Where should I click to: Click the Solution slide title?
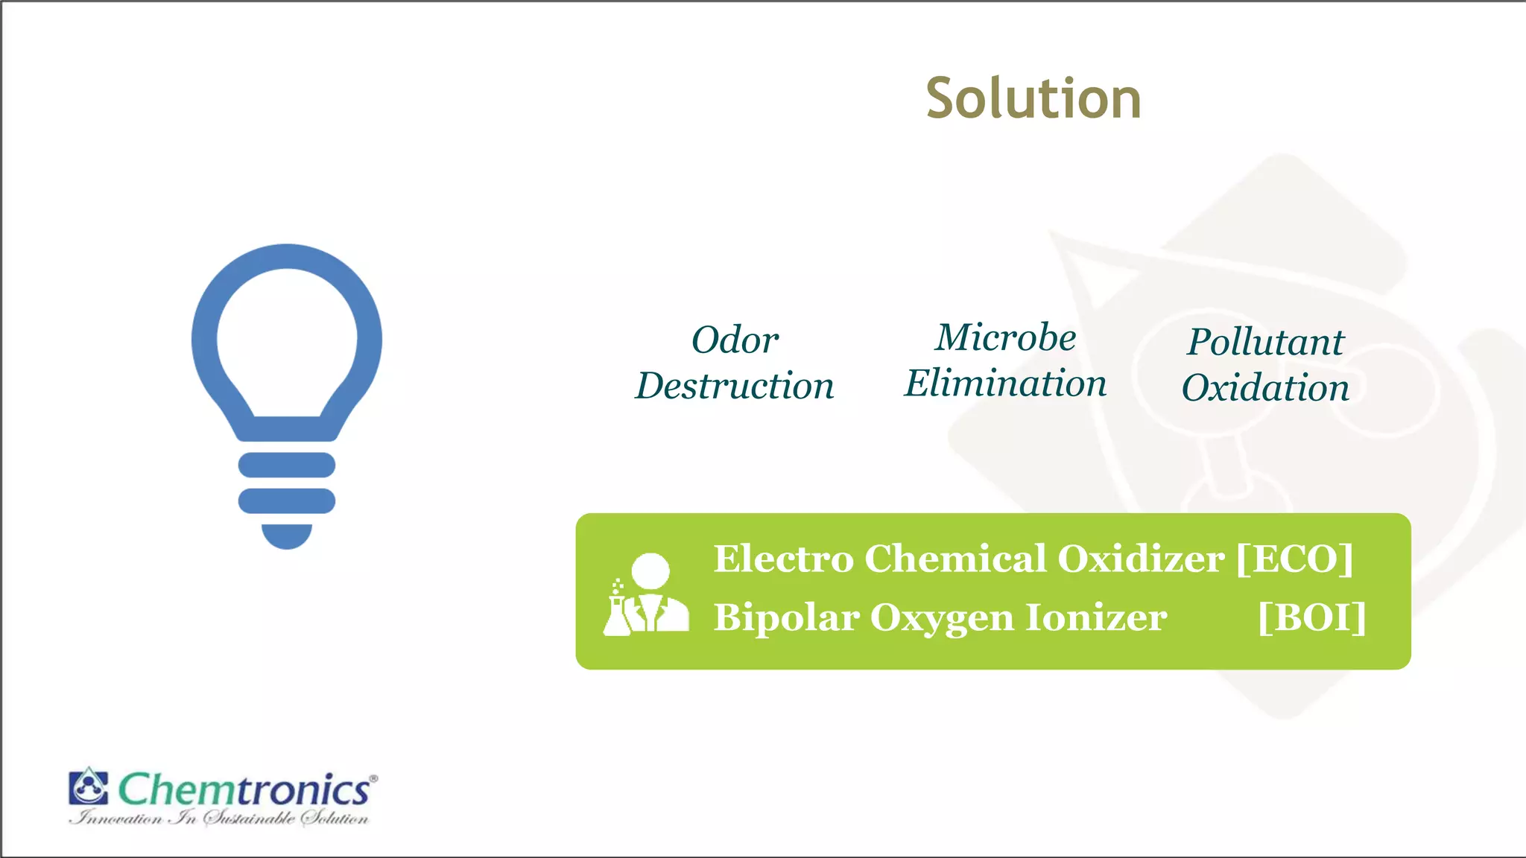point(1033,98)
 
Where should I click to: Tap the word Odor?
point(735,340)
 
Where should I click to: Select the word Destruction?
point(735,386)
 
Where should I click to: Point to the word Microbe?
point(1005,337)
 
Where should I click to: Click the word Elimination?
point(1005,384)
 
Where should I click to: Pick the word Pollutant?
point(1265,342)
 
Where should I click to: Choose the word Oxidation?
point(1265,388)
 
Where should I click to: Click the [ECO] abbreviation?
point(1294,559)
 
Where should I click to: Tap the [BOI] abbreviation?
point(1311,617)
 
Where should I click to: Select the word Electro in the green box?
point(783,559)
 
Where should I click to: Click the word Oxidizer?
point(1140,559)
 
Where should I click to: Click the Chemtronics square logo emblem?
point(89,786)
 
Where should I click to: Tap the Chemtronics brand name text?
point(244,789)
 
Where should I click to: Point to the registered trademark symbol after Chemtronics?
point(373,778)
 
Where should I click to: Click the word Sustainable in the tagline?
point(249,819)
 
